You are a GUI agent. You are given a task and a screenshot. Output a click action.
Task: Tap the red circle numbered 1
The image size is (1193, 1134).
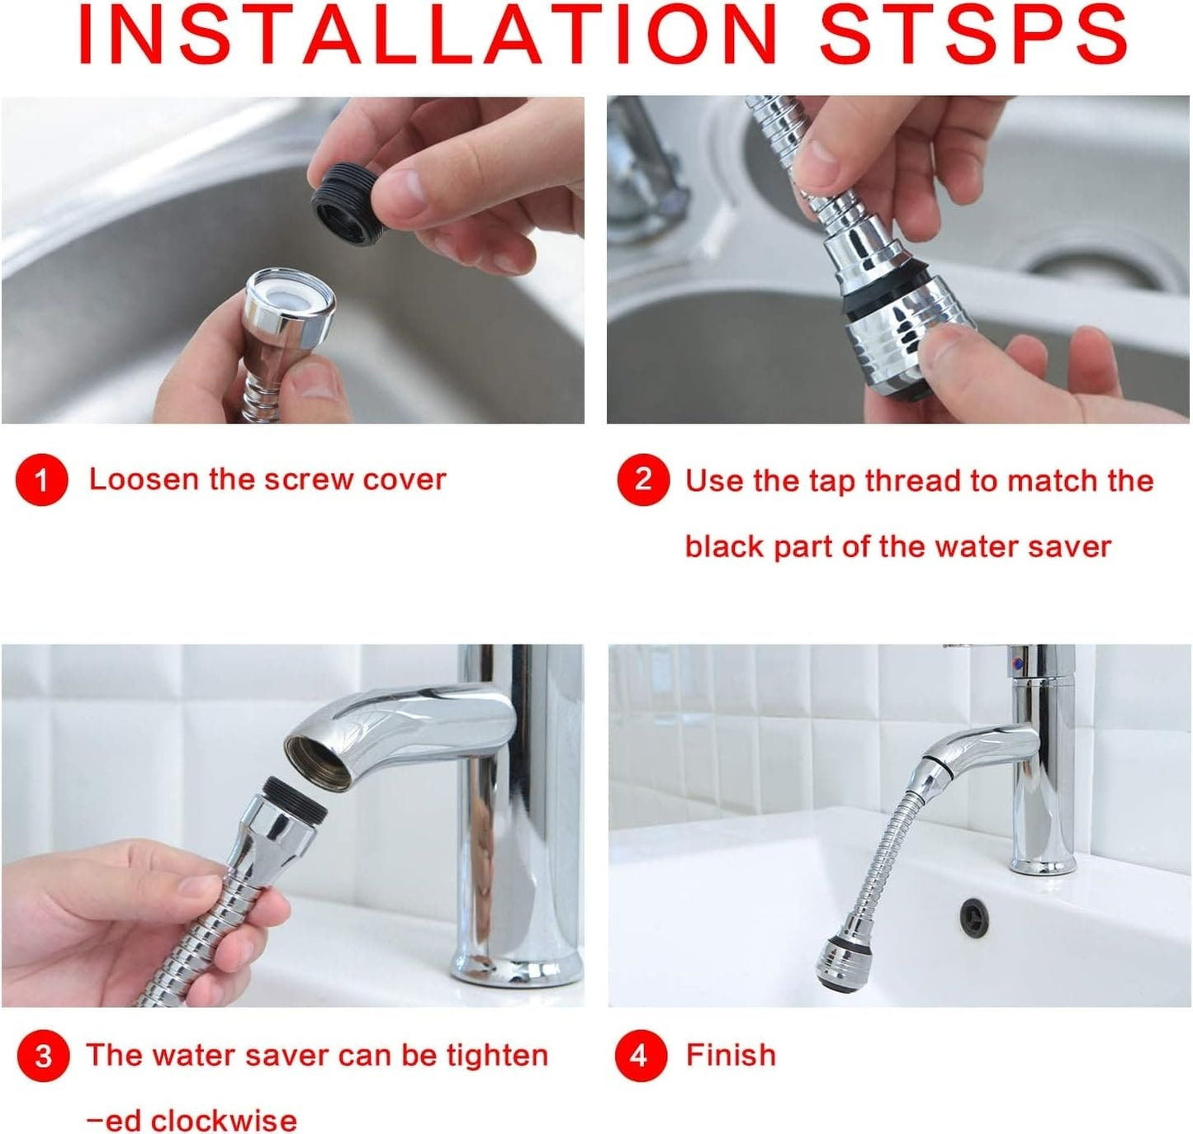pos(41,480)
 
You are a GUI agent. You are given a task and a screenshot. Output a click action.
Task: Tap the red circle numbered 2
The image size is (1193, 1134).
pos(642,480)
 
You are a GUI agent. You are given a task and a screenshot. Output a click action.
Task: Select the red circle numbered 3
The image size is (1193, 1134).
pos(43,1056)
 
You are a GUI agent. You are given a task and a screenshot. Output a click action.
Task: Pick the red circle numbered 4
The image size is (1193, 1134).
pos(640,1056)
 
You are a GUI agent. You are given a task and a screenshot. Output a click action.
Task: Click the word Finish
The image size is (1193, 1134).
pos(731,1056)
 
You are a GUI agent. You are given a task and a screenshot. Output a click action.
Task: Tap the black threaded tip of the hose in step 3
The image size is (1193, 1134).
pos(294,799)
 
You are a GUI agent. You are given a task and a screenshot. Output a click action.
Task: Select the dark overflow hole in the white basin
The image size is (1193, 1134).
pos(976,916)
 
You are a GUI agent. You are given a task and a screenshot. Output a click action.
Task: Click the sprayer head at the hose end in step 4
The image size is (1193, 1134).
pos(838,962)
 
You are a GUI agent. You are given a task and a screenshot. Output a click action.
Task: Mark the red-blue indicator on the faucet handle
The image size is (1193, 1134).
pos(1019,660)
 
